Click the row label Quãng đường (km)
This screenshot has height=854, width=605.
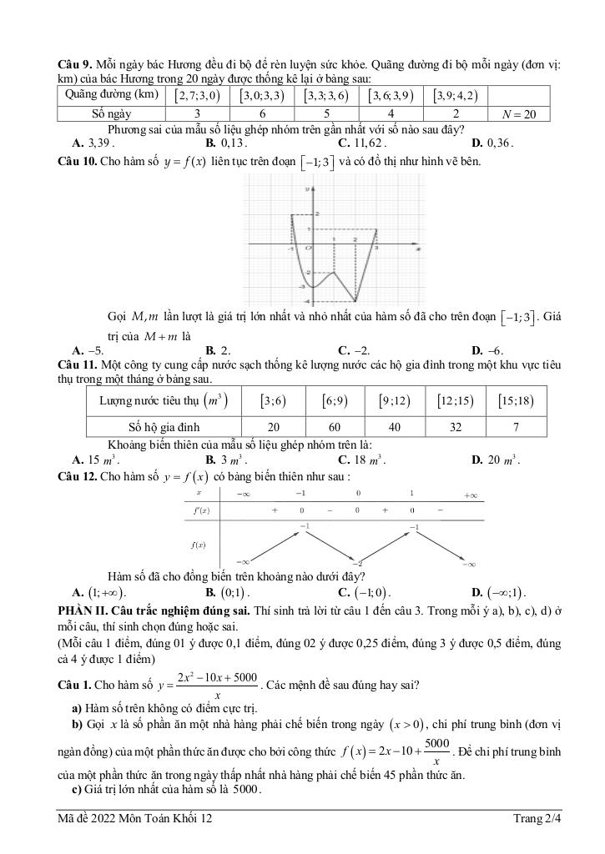(112, 94)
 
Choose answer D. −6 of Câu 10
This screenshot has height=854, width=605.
(487, 351)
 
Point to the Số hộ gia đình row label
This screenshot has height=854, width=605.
(164, 426)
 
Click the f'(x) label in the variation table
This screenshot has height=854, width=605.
(201, 510)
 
